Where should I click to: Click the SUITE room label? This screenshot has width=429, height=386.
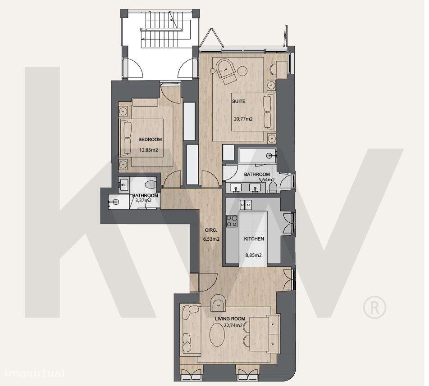(239, 102)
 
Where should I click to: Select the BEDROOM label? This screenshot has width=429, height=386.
(150, 139)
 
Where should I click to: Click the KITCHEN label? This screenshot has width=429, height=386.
(254, 239)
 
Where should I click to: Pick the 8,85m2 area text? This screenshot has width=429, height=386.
(253, 255)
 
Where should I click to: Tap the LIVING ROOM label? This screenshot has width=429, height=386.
(230, 319)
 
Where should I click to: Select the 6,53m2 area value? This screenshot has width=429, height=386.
(211, 239)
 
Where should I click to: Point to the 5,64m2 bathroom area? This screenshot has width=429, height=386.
(266, 180)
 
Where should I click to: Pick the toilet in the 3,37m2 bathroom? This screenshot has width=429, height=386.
(151, 184)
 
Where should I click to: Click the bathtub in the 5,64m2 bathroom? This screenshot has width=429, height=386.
(257, 156)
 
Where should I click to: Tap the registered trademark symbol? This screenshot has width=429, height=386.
(374, 308)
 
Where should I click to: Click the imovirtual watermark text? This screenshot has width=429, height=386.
(34, 373)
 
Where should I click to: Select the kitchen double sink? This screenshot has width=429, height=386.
(246, 205)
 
